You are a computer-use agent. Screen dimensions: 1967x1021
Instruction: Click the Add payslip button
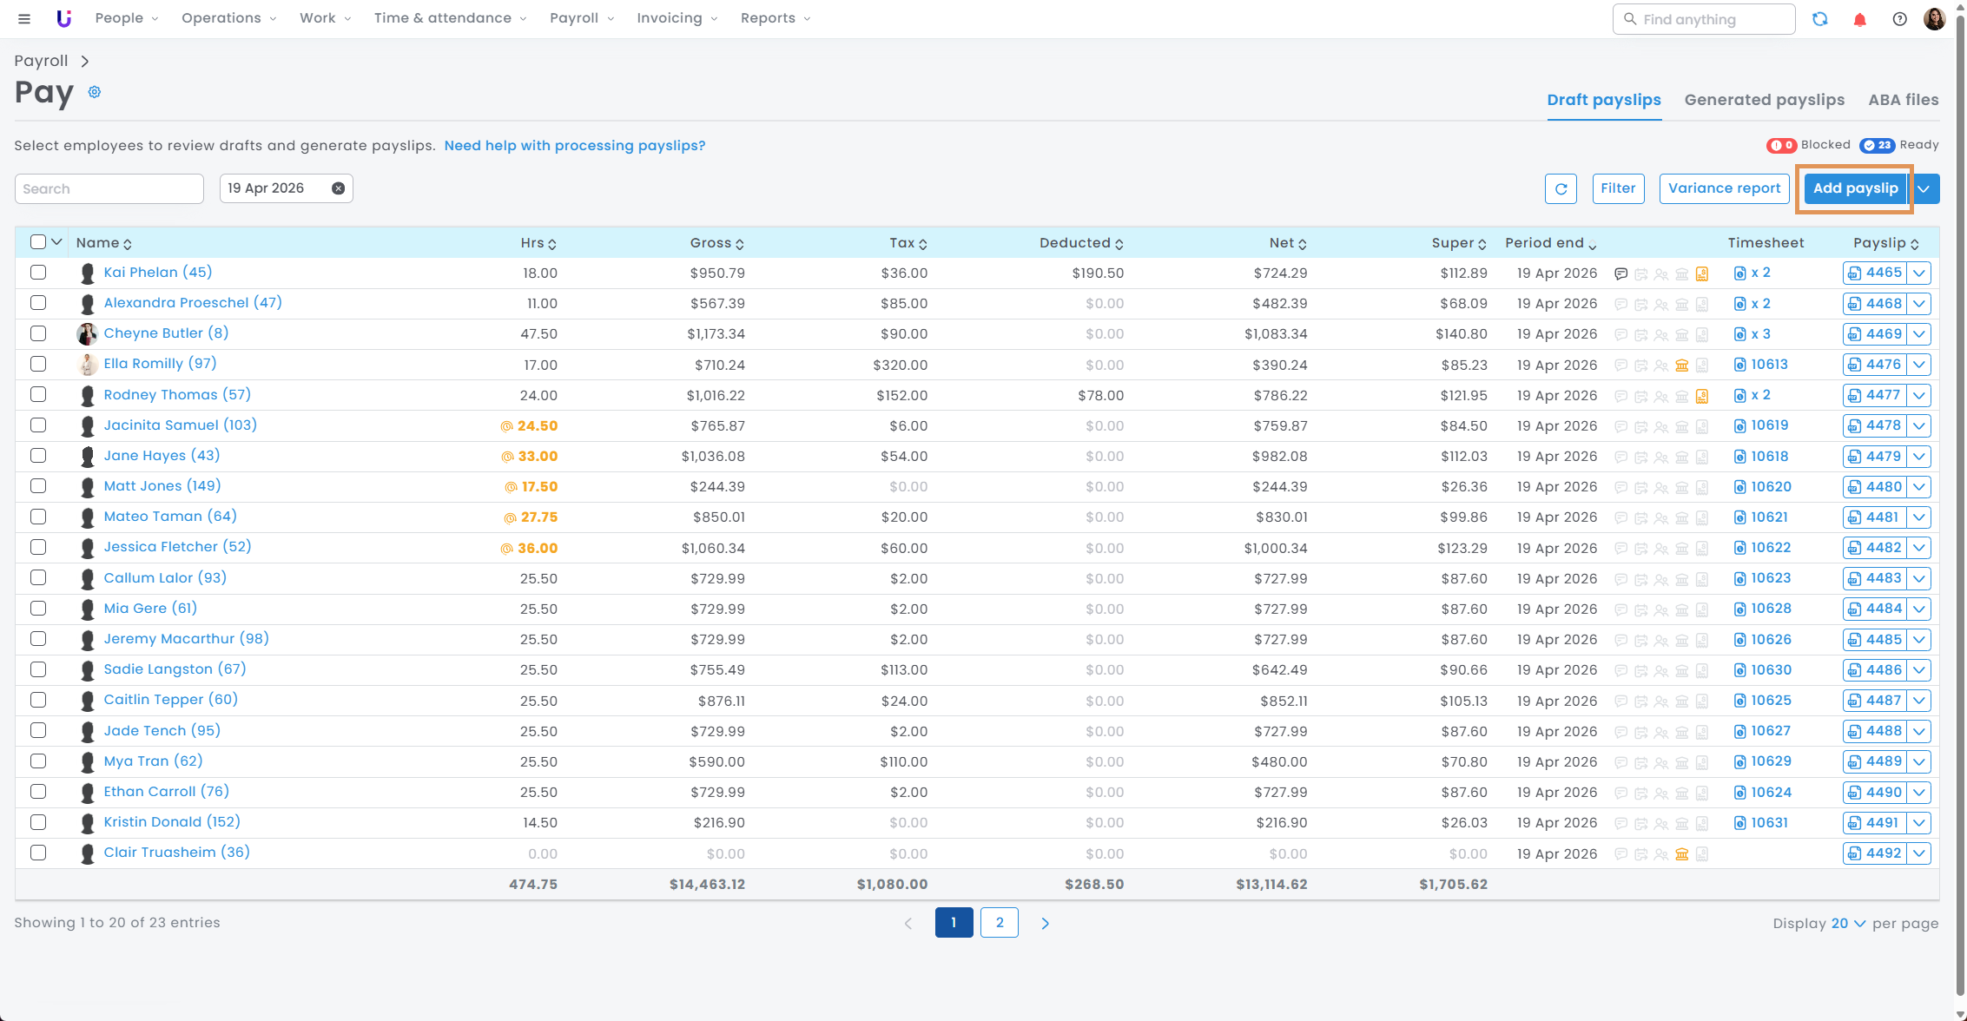click(1855, 188)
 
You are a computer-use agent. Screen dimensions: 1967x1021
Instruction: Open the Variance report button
click(1724, 188)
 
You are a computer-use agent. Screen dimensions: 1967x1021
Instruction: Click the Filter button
click(1618, 188)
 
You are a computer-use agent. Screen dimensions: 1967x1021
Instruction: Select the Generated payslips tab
click(1764, 100)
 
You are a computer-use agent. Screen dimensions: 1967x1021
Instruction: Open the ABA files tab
click(1903, 100)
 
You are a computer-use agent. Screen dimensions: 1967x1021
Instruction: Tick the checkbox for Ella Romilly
click(38, 364)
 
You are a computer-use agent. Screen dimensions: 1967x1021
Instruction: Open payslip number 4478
click(1875, 425)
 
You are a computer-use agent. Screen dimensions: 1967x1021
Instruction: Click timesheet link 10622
click(1771, 548)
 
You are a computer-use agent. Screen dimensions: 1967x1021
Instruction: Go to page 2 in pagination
click(1000, 922)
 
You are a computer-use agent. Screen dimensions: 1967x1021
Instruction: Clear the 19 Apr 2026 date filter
click(338, 188)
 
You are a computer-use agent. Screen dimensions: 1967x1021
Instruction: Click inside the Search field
click(109, 188)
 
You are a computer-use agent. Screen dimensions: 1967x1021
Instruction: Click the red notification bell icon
click(1859, 19)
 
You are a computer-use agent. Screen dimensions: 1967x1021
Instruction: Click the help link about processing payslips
click(574, 146)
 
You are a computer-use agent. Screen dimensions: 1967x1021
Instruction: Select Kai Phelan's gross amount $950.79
click(717, 273)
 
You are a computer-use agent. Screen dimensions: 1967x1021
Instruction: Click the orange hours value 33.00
click(538, 457)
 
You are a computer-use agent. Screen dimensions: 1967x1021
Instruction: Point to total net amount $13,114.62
click(1271, 885)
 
